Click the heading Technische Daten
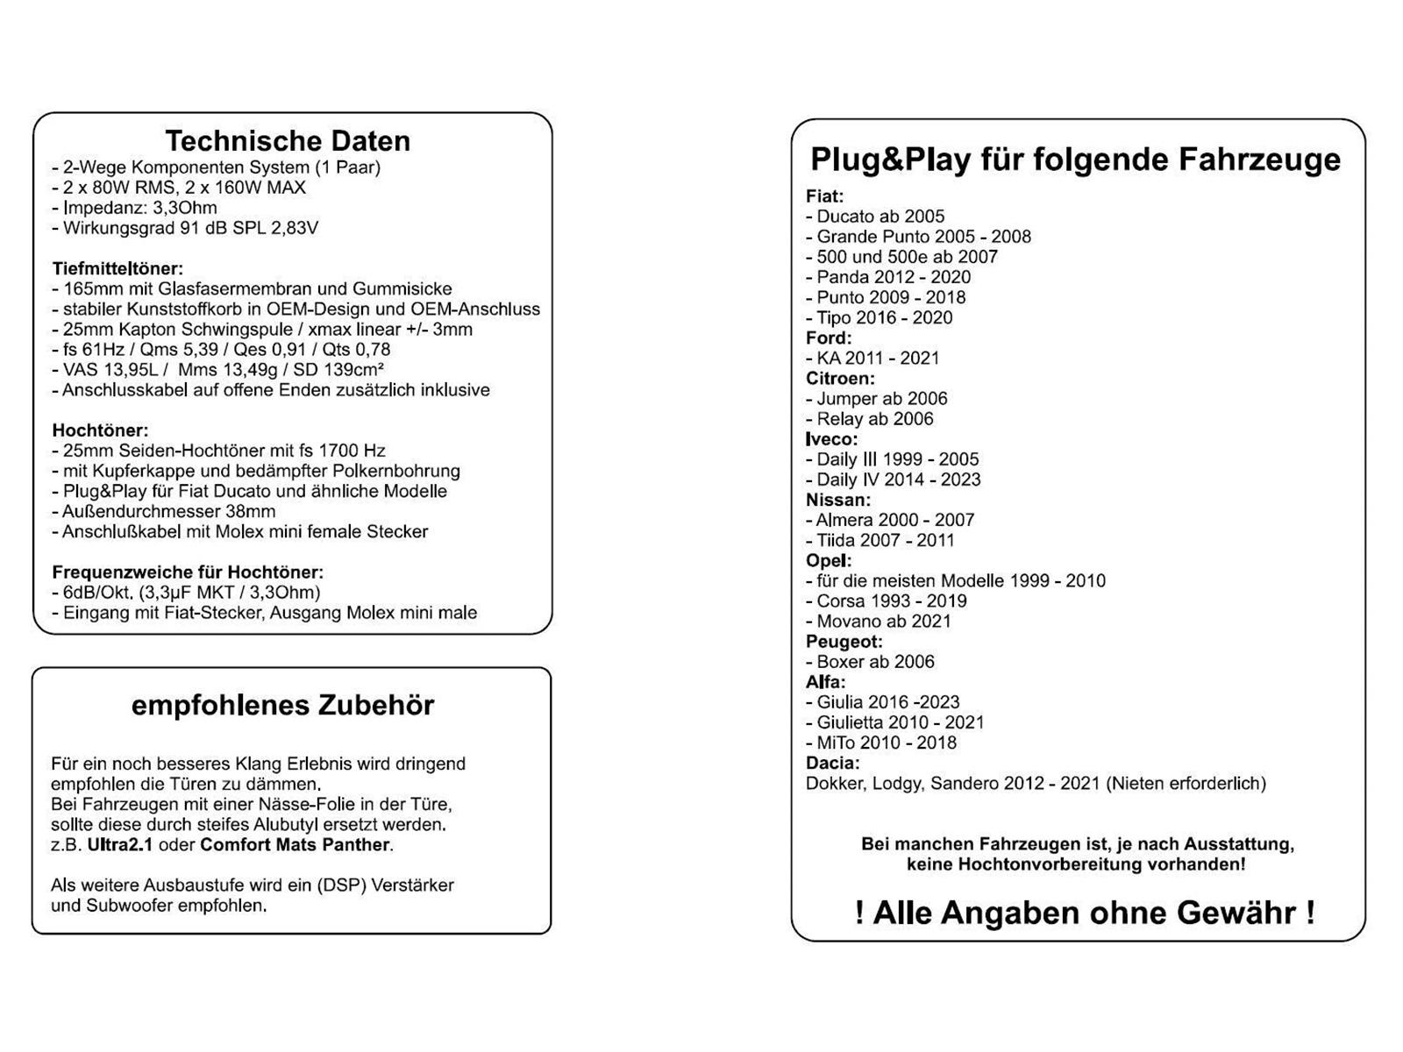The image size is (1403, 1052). tap(288, 141)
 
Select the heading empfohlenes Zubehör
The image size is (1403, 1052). tap(282, 706)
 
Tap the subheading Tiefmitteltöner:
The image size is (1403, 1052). tap(118, 269)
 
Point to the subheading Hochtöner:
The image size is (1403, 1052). tap(100, 430)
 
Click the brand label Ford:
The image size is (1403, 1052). tap(829, 338)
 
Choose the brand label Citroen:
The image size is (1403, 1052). tap(840, 379)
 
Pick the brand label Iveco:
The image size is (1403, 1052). tap(831, 439)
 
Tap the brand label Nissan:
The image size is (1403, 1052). tap(838, 500)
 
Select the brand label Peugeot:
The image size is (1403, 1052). tap(844, 642)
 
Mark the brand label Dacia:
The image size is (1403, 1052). tap(832, 763)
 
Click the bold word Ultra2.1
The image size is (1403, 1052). tap(119, 845)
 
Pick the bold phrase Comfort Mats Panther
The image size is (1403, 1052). tap(295, 845)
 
